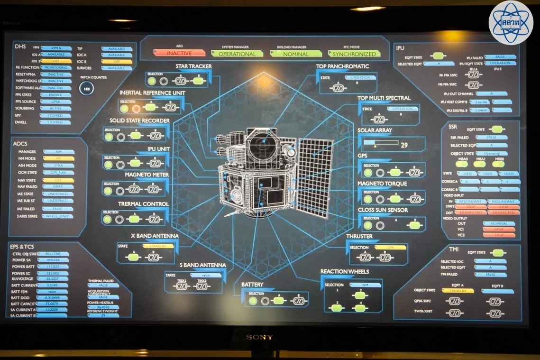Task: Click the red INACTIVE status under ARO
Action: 179,54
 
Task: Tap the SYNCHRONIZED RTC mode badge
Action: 354,54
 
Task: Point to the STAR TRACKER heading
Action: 193,66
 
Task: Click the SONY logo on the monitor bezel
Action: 259,337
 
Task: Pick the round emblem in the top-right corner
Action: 511,23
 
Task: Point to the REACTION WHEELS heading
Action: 345,272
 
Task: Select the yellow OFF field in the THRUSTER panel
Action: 390,247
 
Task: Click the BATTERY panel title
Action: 252,285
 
